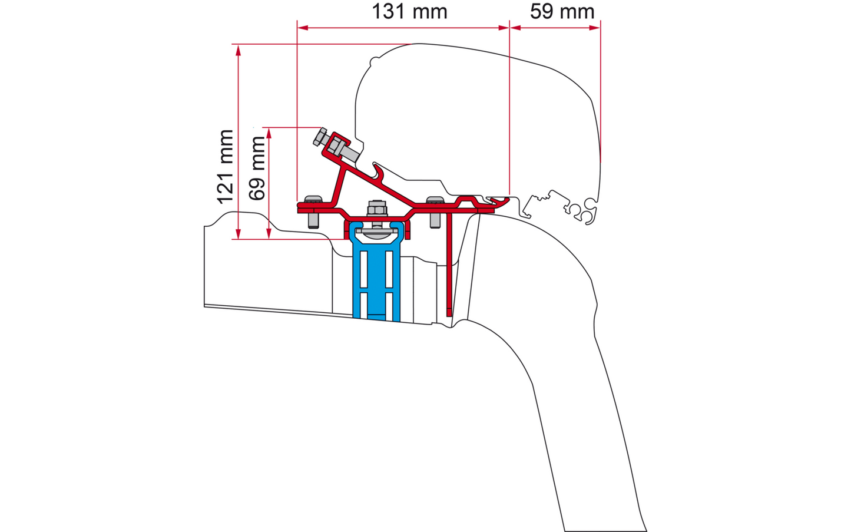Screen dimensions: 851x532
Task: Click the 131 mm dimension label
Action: click(x=409, y=11)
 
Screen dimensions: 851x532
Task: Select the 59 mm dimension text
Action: click(x=562, y=11)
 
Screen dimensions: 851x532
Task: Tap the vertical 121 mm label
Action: click(x=225, y=167)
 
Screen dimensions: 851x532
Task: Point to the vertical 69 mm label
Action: click(x=257, y=168)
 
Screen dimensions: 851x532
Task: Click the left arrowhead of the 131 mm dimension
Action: click(x=303, y=28)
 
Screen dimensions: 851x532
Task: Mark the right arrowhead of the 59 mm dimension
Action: click(x=595, y=28)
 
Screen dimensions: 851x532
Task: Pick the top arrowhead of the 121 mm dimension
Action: click(x=238, y=50)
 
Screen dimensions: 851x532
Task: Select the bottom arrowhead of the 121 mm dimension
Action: click(x=238, y=234)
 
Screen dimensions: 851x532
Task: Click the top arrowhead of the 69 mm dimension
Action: click(x=269, y=133)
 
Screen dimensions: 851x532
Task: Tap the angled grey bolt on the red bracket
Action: click(x=336, y=145)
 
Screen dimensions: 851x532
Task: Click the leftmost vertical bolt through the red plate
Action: click(x=313, y=212)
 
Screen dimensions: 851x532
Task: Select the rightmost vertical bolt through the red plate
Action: click(x=435, y=212)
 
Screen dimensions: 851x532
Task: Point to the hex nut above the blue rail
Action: click(x=377, y=209)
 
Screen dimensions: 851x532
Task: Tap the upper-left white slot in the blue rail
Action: click(x=363, y=269)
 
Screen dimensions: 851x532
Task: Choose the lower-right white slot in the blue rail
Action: click(x=389, y=306)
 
